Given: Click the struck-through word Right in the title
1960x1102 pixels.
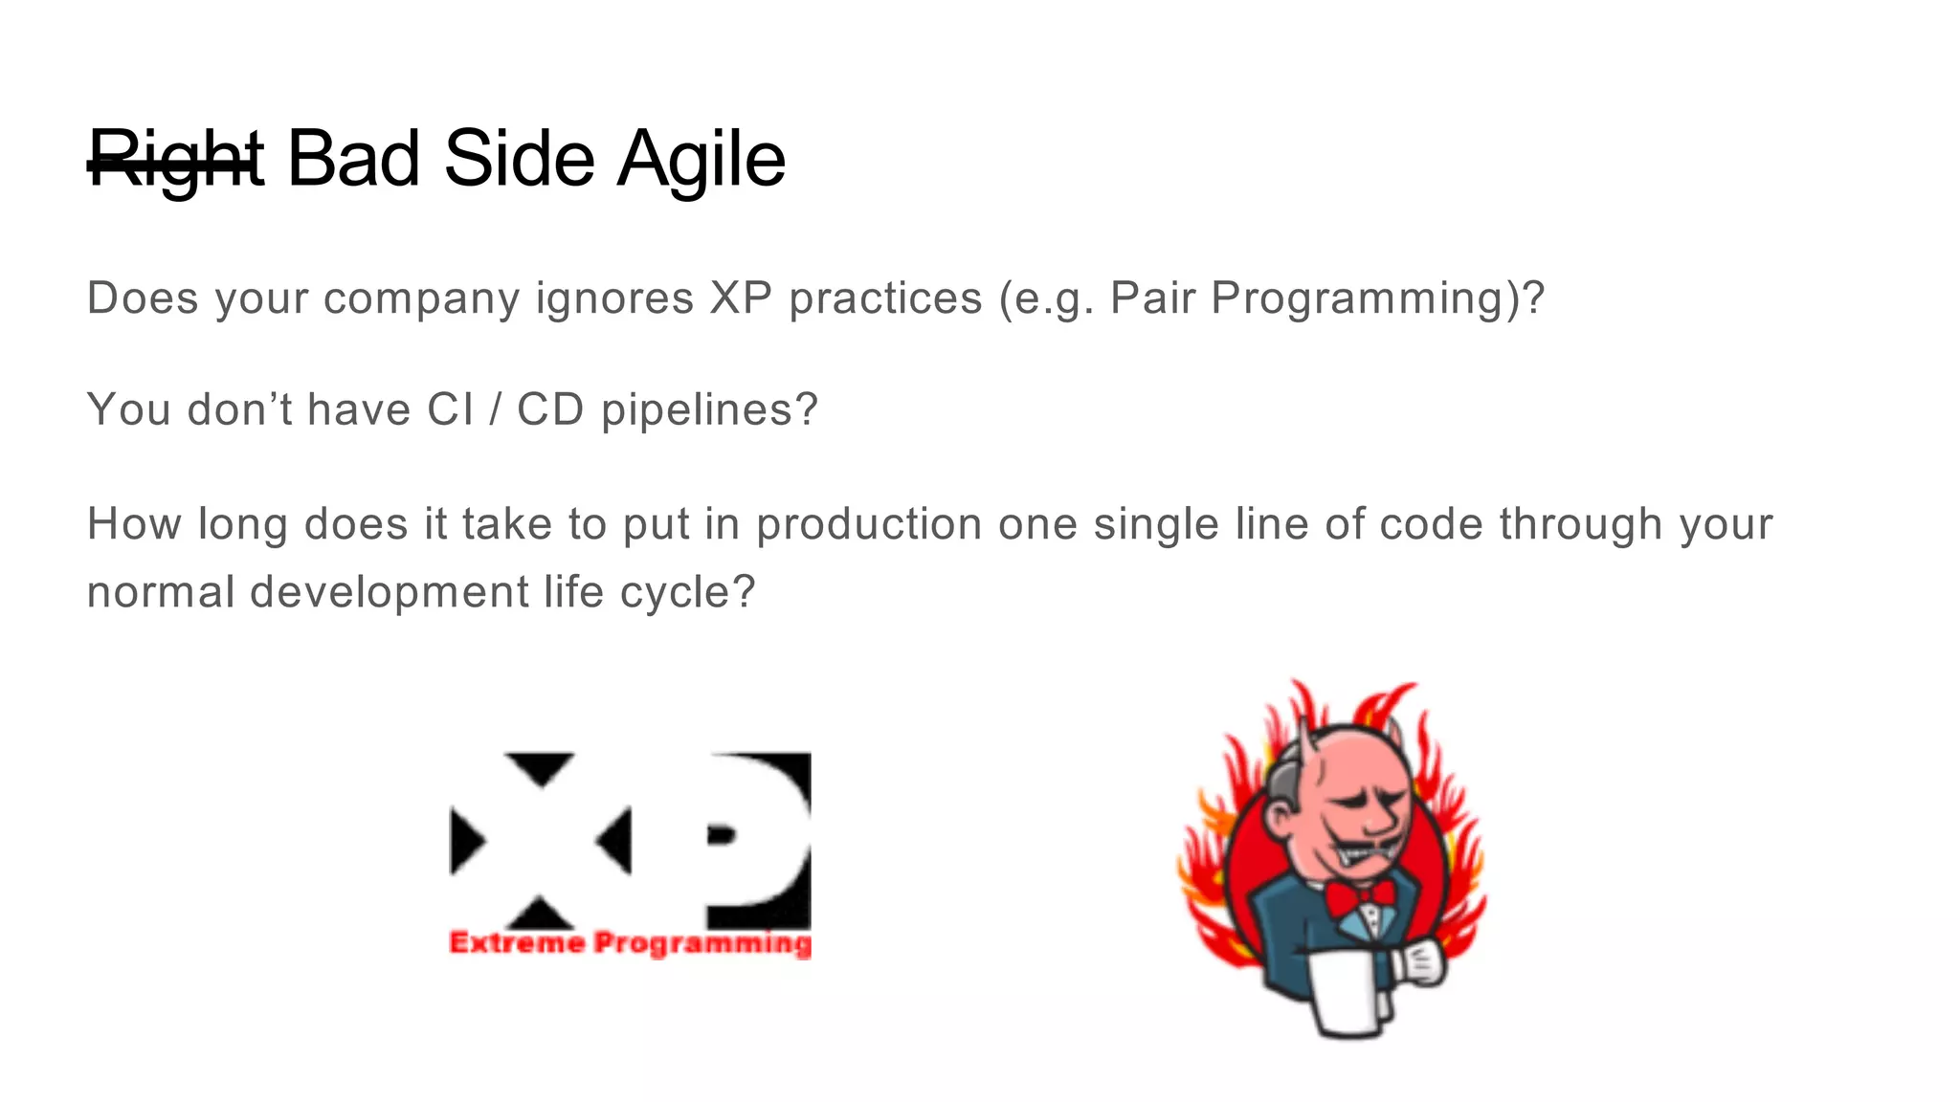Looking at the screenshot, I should (175, 161).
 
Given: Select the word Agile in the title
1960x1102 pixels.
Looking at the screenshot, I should (701, 161).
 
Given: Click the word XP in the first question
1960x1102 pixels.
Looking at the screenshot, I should (741, 298).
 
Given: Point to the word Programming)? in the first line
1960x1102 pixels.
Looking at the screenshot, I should (1378, 299).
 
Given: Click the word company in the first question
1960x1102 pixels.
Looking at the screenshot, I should (421, 299).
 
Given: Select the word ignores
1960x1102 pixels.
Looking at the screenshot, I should (614, 299).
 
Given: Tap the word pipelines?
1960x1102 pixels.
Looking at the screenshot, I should (709, 410).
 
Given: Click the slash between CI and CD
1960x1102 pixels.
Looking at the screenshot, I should (495, 409).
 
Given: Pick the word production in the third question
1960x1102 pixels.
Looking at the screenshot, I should (869, 525).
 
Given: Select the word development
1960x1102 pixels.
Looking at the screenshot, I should (389, 593).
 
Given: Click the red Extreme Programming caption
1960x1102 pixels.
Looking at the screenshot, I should (630, 943).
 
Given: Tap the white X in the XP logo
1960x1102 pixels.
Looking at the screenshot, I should (542, 841).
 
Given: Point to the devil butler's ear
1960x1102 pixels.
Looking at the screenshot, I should (1280, 815).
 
